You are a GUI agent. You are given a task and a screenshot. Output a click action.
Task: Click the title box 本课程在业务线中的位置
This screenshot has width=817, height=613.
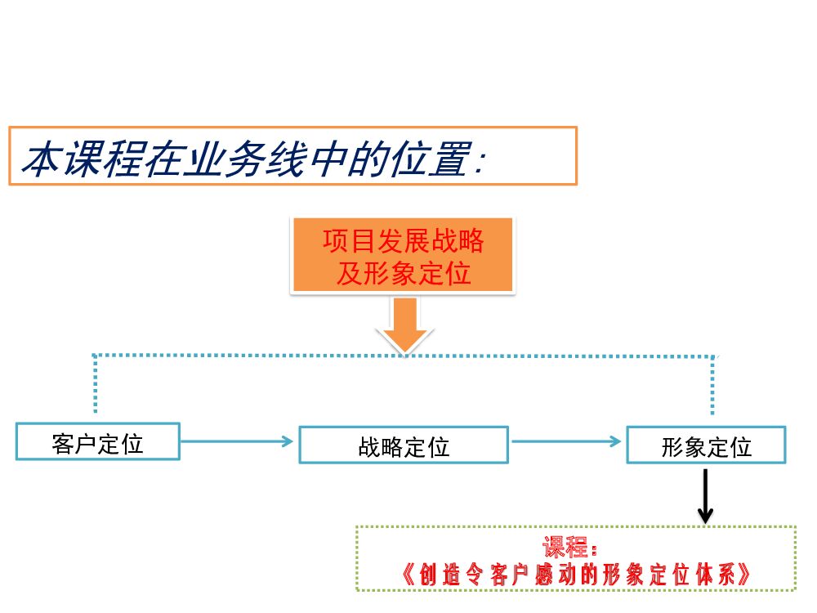292,156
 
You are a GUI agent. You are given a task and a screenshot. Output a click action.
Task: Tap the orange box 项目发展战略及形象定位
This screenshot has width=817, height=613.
403,255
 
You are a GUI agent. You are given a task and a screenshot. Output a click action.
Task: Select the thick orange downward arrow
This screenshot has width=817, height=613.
404,324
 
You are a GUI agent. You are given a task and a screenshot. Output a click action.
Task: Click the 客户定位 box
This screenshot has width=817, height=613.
97,441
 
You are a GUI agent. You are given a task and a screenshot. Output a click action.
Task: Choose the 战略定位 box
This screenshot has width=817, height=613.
404,445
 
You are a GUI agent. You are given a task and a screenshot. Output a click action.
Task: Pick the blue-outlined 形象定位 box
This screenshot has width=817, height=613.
706,445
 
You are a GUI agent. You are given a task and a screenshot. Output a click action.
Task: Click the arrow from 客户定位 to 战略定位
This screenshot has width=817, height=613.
237,441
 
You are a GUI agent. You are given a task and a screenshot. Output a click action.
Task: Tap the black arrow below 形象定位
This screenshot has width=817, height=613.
705,495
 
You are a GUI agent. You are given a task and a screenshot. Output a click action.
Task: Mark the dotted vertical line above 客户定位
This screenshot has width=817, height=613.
96,384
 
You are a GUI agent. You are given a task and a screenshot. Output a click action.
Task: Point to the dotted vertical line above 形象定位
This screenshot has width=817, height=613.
712,384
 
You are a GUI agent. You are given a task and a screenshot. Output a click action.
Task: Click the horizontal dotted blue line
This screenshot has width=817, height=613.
245,355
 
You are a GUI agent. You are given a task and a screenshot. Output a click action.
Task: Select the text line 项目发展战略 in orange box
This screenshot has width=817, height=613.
404,241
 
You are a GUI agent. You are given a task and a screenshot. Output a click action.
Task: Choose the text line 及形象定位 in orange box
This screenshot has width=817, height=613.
404,273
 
